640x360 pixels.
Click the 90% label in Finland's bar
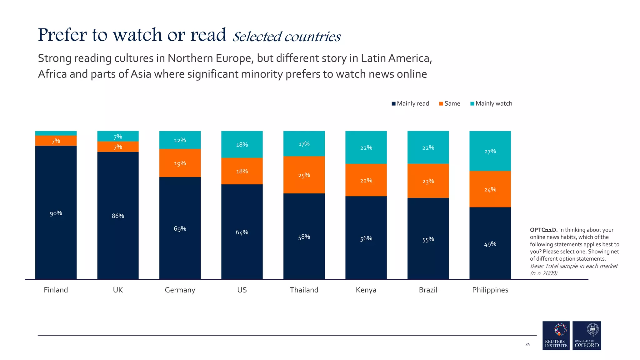[x=56, y=213]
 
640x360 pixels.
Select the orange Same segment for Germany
[x=180, y=163]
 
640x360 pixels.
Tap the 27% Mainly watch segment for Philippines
[x=490, y=151]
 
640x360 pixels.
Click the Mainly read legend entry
[x=410, y=103]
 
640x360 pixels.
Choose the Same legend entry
[x=450, y=103]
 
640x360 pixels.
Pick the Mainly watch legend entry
[x=491, y=103]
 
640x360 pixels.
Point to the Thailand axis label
[x=304, y=290]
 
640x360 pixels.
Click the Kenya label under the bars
[x=366, y=290]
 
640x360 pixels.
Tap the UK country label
[x=118, y=290]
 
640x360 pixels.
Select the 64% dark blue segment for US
[x=242, y=232]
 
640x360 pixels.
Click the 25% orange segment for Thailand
[x=304, y=175]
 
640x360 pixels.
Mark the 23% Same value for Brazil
[x=428, y=181]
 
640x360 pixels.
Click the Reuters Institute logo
[x=556, y=335]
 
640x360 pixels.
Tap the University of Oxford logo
[x=587, y=335]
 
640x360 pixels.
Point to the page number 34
[x=527, y=344]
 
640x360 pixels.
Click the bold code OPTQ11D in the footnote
[x=543, y=230]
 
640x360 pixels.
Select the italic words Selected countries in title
[x=286, y=37]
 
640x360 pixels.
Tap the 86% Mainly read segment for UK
[x=118, y=216]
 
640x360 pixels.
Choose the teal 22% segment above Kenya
[x=366, y=147]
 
